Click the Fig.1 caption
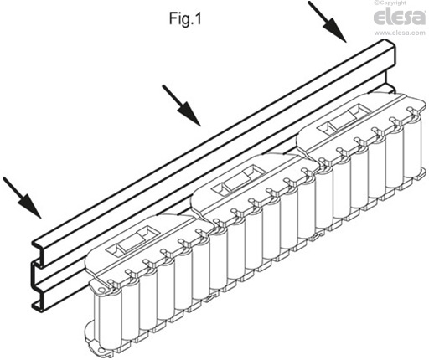click(185, 18)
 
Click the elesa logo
click(400, 17)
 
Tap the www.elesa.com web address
click(400, 33)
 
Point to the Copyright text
click(391, 3)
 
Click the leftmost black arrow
click(23, 198)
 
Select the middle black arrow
click(182, 105)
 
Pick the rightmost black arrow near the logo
click(328, 22)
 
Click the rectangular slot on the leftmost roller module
click(133, 240)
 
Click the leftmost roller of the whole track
click(108, 318)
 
